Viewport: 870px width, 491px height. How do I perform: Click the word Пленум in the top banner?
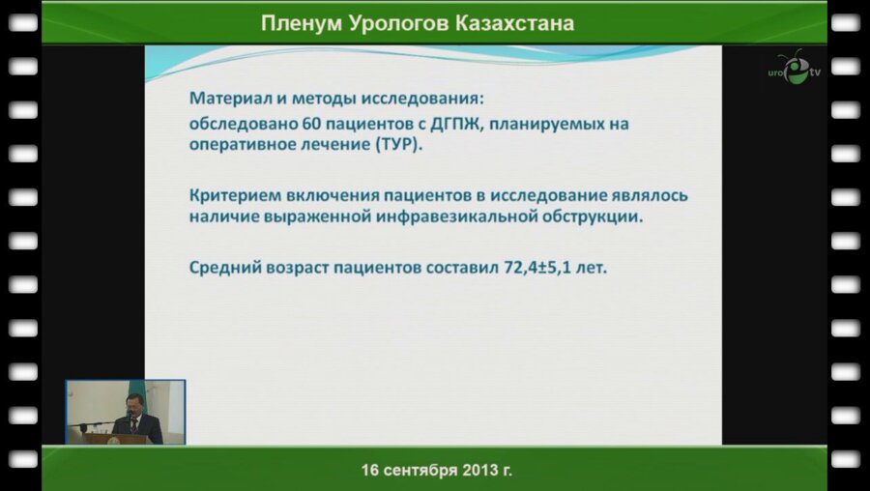(x=297, y=23)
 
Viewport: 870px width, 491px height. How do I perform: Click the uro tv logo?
(x=794, y=69)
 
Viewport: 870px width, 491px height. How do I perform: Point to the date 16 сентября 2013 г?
(x=436, y=471)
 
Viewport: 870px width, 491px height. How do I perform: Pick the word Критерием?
(x=232, y=194)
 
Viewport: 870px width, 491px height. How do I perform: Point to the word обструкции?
(x=592, y=217)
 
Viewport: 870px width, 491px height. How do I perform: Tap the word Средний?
(x=223, y=268)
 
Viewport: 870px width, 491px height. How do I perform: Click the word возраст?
(x=294, y=268)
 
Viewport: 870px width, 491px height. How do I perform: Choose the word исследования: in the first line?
(x=424, y=99)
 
